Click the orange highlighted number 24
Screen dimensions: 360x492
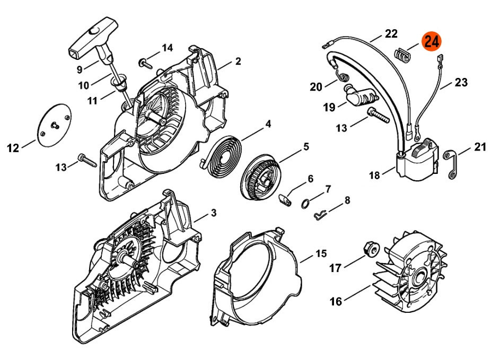coord(431,42)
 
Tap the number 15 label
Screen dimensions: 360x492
coord(321,253)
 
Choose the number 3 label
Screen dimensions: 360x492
coord(214,214)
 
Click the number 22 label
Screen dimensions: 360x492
coord(391,33)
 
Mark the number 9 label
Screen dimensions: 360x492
coord(80,69)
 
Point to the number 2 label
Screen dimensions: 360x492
coord(238,61)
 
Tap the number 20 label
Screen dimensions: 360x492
coord(316,86)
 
